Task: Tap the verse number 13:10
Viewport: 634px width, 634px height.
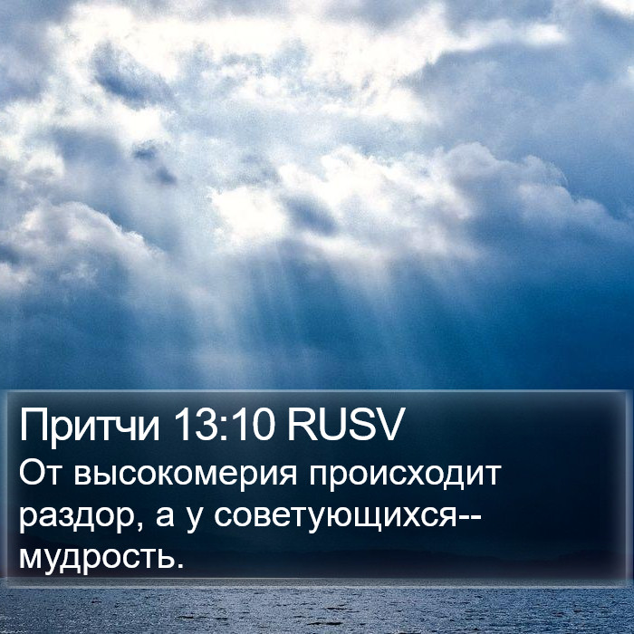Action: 226,424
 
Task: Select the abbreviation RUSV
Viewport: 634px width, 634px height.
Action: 345,424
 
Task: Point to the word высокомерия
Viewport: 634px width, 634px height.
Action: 186,475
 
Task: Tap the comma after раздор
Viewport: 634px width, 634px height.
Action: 139,525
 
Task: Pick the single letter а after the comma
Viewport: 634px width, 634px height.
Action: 165,517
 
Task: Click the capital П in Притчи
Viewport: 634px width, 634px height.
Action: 33,424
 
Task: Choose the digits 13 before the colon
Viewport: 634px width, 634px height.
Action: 199,424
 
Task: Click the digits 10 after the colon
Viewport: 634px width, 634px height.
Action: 253,424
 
